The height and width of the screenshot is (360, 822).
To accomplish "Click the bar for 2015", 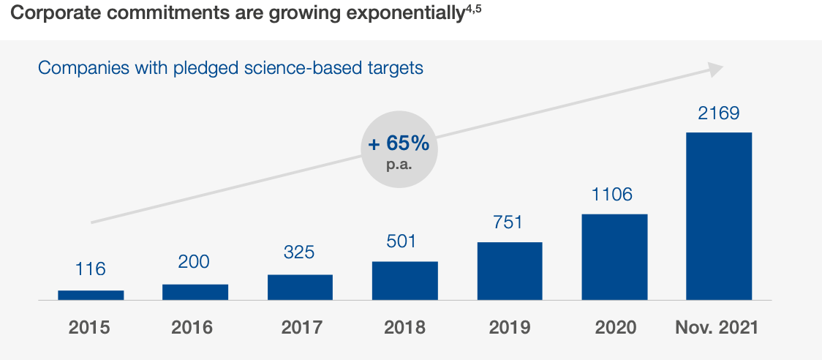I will [x=91, y=295].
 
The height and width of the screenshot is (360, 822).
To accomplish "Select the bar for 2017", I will [x=300, y=287].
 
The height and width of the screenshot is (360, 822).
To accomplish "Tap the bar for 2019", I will [x=510, y=271].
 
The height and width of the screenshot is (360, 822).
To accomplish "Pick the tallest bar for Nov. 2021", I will [x=719, y=216].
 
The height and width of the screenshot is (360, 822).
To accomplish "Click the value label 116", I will [x=91, y=269].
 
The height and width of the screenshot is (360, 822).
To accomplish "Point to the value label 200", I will [x=194, y=262].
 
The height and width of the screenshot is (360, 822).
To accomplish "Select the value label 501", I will [x=404, y=241].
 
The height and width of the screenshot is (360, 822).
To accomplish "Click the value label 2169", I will [x=719, y=113].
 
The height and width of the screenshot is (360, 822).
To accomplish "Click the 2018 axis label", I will [x=404, y=327].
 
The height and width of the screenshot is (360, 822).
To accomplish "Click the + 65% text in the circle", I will [x=399, y=143].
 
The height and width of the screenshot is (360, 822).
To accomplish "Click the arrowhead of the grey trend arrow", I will [x=715, y=68].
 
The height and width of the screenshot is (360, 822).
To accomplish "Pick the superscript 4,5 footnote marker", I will [x=472, y=9].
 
